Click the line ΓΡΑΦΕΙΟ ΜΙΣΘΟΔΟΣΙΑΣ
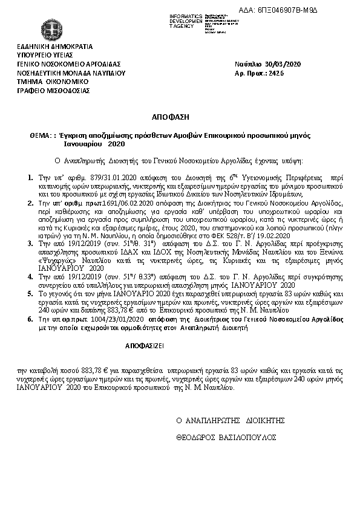click(54, 90)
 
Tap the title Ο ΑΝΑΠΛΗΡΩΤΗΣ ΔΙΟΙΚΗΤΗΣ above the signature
click(230, 420)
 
